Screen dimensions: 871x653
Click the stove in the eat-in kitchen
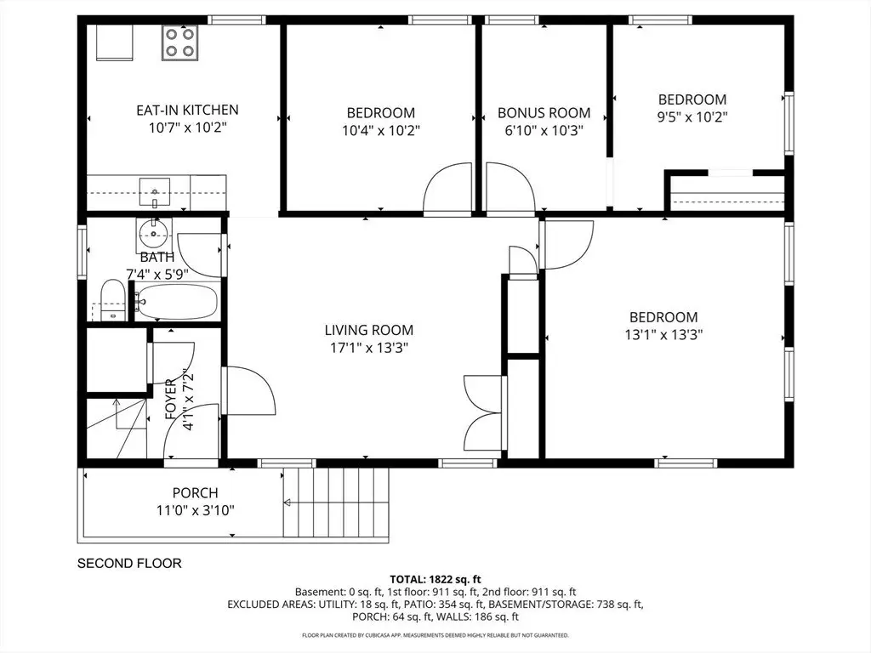[x=180, y=43]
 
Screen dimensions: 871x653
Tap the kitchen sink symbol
[x=155, y=193]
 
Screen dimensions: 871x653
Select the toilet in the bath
[x=113, y=300]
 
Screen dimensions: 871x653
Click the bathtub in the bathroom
[x=176, y=302]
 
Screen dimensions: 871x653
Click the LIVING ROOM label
[x=369, y=330]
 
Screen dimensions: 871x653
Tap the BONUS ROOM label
[x=544, y=113]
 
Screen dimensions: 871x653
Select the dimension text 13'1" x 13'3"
[x=663, y=335]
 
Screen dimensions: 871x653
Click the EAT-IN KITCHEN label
[x=187, y=110]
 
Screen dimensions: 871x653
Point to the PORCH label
[x=195, y=492]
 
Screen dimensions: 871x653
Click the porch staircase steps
[x=335, y=503]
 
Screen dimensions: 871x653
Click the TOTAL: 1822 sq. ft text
[x=435, y=580]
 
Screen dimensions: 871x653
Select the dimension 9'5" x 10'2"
[x=692, y=117]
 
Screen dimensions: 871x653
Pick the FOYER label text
[x=170, y=399]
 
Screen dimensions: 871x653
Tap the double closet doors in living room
[x=483, y=413]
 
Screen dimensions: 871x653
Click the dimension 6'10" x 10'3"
[x=544, y=130]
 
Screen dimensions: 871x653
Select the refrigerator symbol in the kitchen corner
[x=115, y=43]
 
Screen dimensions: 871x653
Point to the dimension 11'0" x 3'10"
[x=195, y=510]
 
